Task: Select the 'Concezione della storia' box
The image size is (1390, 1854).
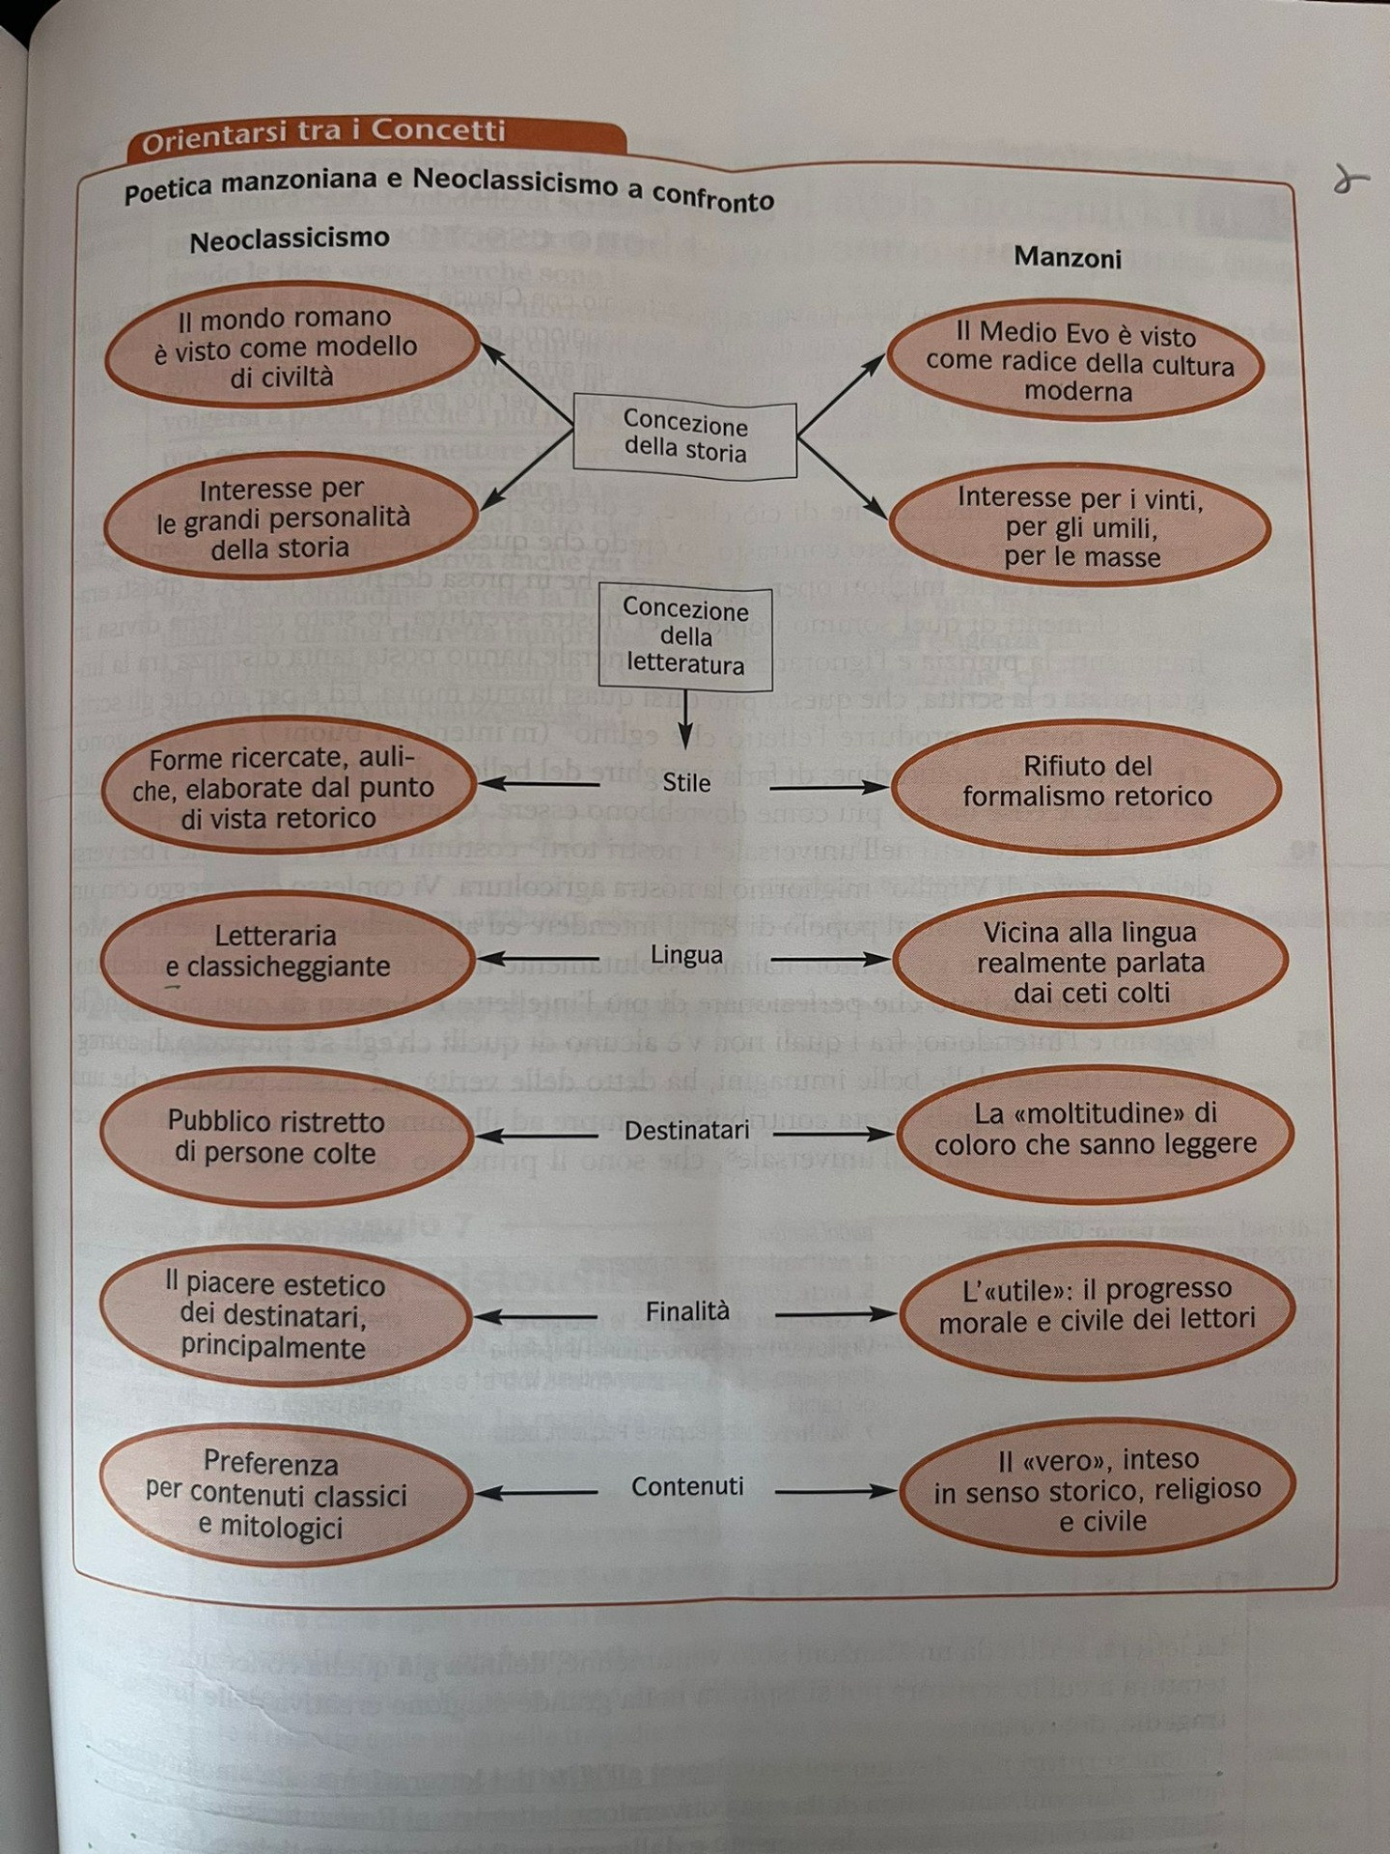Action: coord(685,437)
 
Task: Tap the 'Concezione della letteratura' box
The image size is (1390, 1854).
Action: coord(685,637)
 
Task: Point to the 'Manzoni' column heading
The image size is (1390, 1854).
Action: coord(1068,258)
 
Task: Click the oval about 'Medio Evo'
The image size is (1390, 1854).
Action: coord(1077,362)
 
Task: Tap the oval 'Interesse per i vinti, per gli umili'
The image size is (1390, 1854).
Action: coord(1079,527)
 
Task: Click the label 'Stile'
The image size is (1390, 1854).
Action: coord(686,783)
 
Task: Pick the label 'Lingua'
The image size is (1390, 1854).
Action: coord(686,955)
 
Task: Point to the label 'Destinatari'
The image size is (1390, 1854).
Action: coord(686,1130)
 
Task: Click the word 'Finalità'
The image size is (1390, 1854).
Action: coord(687,1311)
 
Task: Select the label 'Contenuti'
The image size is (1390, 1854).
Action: coord(687,1487)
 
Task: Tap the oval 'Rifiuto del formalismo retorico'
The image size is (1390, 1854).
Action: coord(1087,782)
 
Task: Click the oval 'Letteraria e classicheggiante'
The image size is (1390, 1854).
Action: coord(286,952)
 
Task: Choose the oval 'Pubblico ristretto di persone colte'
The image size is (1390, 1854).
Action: coord(284,1138)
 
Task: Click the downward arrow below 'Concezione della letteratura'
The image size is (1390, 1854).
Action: coord(684,720)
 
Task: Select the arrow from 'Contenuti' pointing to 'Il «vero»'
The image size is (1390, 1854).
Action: coord(836,1492)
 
